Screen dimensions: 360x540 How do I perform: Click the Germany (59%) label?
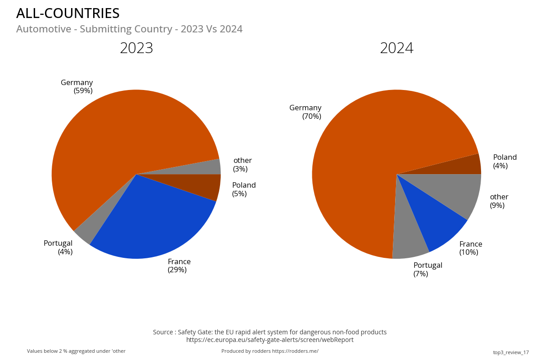77,86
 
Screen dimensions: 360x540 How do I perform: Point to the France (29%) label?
179,265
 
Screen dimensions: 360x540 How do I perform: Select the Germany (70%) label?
306,112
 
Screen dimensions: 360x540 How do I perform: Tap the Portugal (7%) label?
427,269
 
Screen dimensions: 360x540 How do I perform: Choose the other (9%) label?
499,201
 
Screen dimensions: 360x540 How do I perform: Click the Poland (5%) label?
243,189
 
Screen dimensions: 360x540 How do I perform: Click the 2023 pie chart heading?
136,48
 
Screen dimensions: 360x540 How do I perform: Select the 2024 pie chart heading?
396,48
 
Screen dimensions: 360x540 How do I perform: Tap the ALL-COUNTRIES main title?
68,13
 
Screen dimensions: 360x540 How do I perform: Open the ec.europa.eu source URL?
270,340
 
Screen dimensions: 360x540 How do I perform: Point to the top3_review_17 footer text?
511,352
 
